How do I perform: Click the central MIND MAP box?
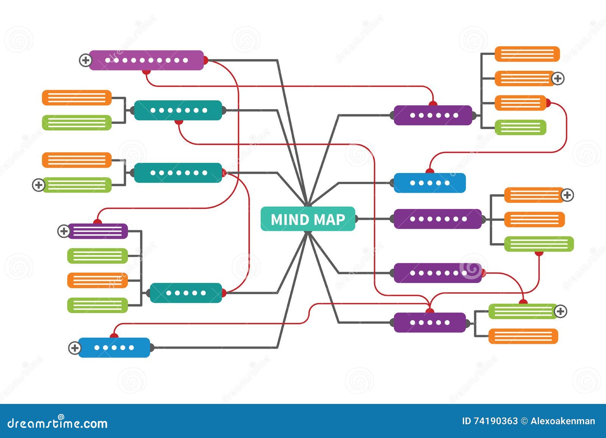[308, 219]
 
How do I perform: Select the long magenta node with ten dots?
[146, 60]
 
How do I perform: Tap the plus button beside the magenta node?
[85, 60]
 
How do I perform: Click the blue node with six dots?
[430, 183]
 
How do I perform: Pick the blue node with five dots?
[114, 348]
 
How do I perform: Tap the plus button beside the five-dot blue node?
[75, 348]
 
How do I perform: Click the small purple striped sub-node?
[98, 231]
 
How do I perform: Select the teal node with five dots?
[186, 293]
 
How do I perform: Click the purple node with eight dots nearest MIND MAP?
[437, 219]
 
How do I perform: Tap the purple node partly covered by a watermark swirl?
[437, 273]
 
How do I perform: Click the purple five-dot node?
[430, 323]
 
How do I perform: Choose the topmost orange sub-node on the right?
[527, 54]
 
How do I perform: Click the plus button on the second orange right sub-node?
[558, 78]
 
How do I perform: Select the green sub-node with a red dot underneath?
[539, 244]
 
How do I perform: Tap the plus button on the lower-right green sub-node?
[561, 311]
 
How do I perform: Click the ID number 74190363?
[496, 421]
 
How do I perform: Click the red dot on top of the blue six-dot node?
[430, 171]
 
